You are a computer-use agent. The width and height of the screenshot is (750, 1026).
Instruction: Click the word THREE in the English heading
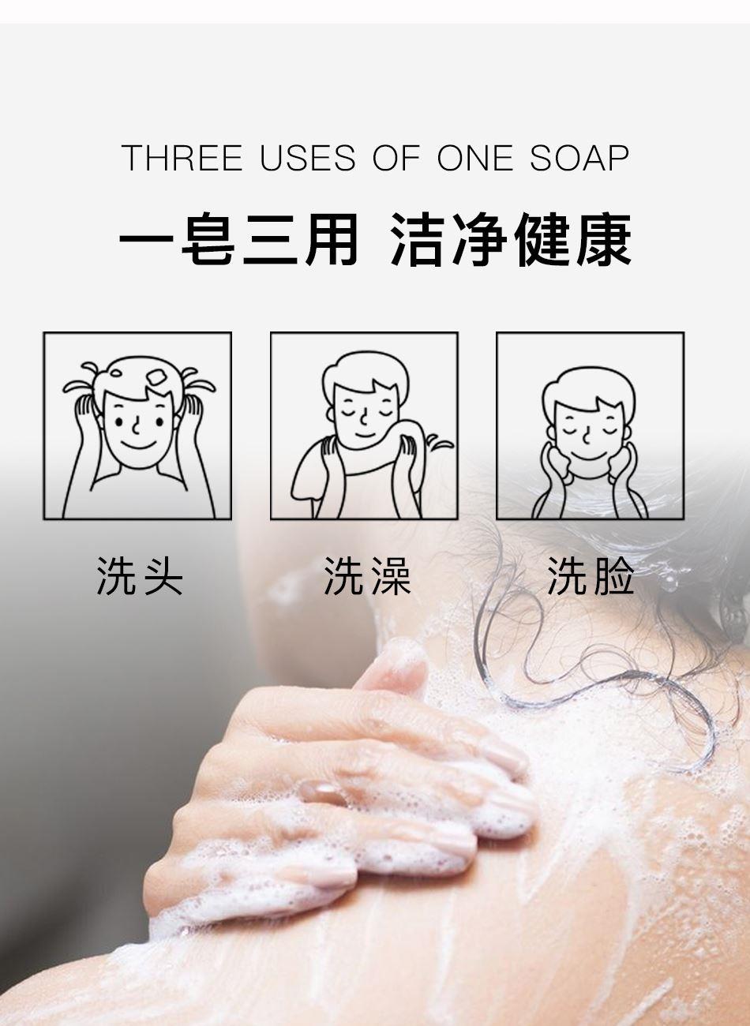coord(182,158)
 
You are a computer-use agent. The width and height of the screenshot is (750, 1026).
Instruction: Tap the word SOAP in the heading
coord(579,158)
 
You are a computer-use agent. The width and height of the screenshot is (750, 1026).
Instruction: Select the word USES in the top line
coord(307,158)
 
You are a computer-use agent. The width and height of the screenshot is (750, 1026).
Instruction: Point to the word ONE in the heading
coord(475,158)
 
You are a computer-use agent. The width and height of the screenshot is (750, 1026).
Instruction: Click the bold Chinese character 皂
coord(208,239)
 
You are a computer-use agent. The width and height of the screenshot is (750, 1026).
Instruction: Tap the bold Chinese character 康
coord(604,239)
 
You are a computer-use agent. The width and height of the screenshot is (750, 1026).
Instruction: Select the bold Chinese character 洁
coord(418,239)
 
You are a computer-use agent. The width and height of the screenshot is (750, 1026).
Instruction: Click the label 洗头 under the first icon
coord(139,576)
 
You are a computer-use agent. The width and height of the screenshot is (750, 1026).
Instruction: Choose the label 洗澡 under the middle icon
coord(366,576)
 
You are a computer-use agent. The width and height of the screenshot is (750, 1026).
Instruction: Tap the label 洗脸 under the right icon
coord(591,576)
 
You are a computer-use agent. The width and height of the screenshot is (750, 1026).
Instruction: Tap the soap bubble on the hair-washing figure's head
coord(157,378)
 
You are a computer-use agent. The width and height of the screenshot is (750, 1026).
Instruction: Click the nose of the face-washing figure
coord(587,436)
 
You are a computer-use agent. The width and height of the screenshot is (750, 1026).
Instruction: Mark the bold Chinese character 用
coord(332,239)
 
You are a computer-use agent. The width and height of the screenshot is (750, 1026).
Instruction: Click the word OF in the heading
coord(396,158)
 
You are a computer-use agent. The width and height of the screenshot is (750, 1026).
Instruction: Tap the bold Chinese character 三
coord(269,239)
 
